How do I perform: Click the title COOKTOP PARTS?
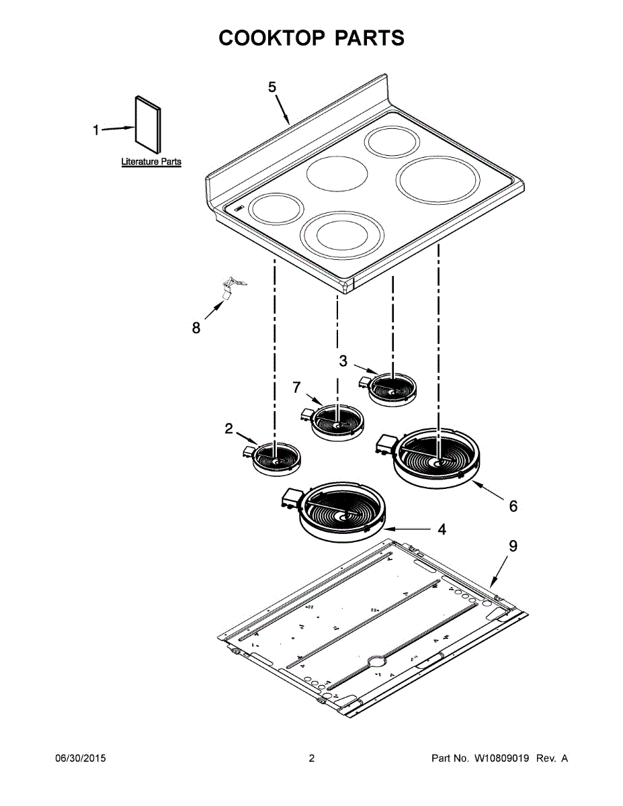311,38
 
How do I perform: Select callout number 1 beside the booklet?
96,130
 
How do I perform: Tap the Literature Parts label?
151,162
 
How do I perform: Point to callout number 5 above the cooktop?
272,87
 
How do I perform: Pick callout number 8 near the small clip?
196,328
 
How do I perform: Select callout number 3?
343,361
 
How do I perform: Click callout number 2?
229,429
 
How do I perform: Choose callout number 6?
513,506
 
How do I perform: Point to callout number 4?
442,529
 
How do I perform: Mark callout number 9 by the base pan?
513,546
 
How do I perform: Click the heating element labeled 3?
392,388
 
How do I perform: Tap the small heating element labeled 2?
275,459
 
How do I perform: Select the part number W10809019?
502,758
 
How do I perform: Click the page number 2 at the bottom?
311,758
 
